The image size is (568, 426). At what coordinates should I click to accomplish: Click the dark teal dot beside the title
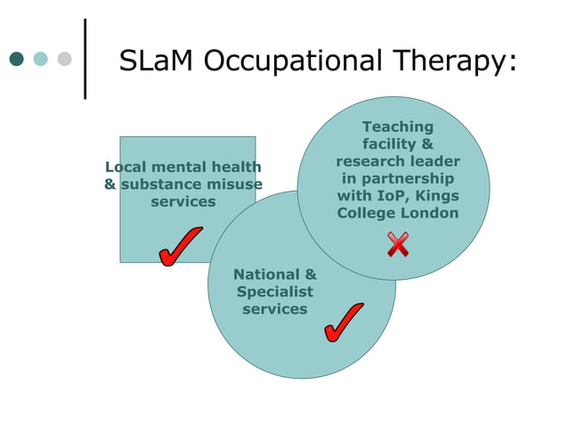click(16, 60)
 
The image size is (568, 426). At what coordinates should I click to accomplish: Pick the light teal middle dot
click(40, 60)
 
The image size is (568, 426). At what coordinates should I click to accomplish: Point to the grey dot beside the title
click(64, 60)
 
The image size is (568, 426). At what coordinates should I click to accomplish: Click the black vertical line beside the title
click(85, 58)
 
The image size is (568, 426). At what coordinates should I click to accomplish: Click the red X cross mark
click(398, 243)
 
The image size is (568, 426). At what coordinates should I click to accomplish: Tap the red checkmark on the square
click(180, 246)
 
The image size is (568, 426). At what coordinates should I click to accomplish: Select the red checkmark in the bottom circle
click(343, 322)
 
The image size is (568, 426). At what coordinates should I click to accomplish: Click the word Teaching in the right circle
click(398, 127)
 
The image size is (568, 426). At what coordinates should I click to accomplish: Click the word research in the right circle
click(367, 161)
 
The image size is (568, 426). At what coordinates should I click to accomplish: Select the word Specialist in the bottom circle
click(275, 291)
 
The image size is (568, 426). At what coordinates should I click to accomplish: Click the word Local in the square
click(126, 167)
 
